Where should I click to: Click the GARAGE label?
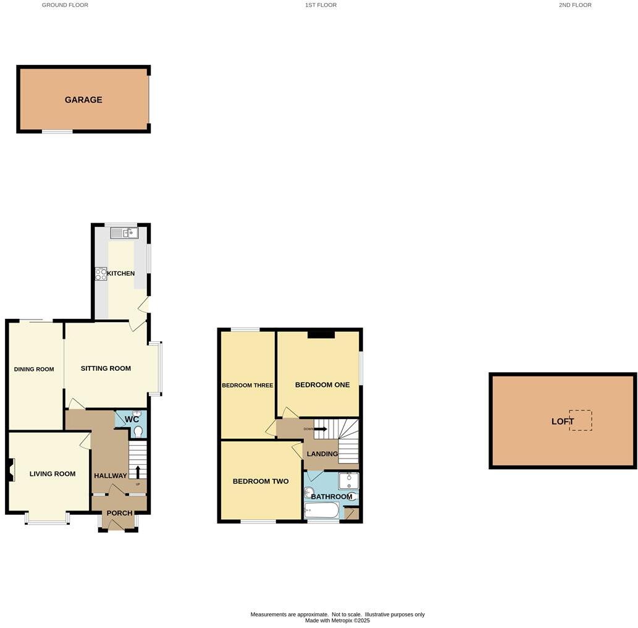[x=83, y=100]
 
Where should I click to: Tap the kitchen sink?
[x=125, y=233]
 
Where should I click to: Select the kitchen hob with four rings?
[x=101, y=274]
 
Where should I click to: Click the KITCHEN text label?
[x=121, y=273]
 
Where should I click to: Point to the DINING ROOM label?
[x=34, y=370]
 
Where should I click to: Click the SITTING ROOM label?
[x=106, y=368]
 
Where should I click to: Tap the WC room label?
[x=132, y=419]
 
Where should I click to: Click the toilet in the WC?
[x=138, y=431]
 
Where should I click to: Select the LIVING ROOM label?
[x=52, y=474]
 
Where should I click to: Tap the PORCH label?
[x=119, y=513]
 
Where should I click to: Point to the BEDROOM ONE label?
[x=322, y=384]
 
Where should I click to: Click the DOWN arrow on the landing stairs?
[x=320, y=428]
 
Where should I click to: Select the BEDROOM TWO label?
[x=261, y=481]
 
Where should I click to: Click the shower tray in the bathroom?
[x=348, y=481]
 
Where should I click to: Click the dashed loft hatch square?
[x=581, y=420]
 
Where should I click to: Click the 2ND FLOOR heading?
[x=575, y=5]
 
